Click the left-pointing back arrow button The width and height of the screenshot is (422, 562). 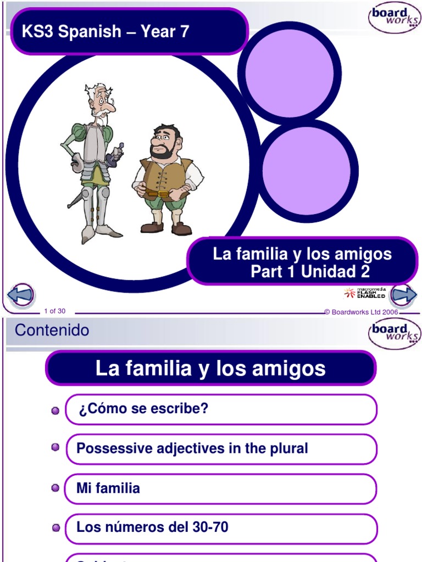[21, 295]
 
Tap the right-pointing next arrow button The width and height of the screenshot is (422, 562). [403, 295]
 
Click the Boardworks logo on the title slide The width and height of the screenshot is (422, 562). [394, 19]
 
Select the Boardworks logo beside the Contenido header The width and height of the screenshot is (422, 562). [394, 333]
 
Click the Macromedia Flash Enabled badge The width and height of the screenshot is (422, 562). [365, 293]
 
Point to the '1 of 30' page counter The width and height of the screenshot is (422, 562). [54, 311]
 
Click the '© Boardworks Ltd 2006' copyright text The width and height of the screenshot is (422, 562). [361, 312]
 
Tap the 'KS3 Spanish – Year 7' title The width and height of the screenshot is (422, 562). [105, 32]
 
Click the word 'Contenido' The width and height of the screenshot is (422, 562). [52, 330]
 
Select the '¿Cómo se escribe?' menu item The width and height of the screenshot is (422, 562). [143, 409]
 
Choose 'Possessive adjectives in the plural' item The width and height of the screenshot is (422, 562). [192, 448]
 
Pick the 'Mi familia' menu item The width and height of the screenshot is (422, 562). [108, 488]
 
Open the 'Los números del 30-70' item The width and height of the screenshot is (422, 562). [152, 528]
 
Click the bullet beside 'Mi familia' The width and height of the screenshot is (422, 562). [55, 487]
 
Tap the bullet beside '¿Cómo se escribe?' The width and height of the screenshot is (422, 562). [55, 411]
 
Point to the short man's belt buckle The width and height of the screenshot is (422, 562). [163, 194]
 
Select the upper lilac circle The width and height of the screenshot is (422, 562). [290, 73]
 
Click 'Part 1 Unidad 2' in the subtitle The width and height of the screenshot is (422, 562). [310, 272]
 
